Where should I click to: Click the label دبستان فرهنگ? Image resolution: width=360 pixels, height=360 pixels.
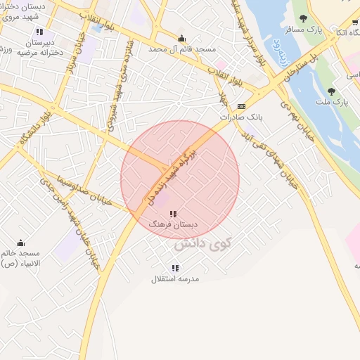click(x=173, y=224)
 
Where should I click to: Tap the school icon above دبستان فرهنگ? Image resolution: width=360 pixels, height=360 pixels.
click(x=173, y=213)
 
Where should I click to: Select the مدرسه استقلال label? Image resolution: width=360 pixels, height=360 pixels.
click(x=175, y=278)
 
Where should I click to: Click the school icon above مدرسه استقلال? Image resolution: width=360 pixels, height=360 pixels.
click(x=175, y=268)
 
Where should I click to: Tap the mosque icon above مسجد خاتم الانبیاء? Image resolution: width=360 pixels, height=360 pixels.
click(x=20, y=243)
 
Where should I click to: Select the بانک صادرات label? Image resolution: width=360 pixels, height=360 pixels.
click(x=242, y=117)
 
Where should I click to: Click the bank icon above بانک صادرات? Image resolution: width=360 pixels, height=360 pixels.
click(x=242, y=106)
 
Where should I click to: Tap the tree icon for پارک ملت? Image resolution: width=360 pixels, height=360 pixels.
click(x=331, y=91)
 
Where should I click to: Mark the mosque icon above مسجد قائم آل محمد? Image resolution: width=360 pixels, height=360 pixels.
click(x=182, y=39)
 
